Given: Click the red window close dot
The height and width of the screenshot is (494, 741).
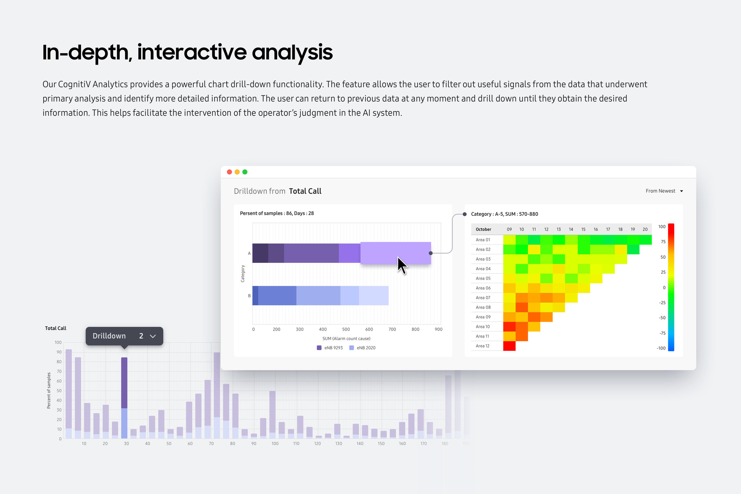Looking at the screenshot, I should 229,172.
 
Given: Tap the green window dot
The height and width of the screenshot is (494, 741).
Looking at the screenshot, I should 245,172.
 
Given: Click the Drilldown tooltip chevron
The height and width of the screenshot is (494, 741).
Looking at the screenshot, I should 153,336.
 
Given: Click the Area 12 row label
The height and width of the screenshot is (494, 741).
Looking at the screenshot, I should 482,346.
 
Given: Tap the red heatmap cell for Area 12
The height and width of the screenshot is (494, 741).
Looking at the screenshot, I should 509,346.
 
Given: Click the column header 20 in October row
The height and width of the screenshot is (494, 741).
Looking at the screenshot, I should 645,229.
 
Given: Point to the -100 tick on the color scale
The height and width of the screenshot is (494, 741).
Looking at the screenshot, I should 661,348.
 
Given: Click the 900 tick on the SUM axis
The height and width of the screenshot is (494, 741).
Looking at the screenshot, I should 438,329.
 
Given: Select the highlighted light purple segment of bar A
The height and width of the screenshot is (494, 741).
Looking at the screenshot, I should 395,253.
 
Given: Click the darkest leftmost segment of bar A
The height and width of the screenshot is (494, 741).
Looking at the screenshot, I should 260,253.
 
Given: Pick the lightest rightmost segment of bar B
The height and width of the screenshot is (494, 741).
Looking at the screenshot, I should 373,296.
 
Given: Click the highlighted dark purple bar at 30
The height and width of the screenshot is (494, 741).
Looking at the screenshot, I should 124,383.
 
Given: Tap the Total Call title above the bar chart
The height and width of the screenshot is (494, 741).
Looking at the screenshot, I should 56,328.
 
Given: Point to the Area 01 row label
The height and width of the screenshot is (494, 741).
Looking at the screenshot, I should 483,240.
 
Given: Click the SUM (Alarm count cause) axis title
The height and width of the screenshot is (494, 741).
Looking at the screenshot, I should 346,338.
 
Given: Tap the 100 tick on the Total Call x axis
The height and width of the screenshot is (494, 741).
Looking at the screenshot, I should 275,444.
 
